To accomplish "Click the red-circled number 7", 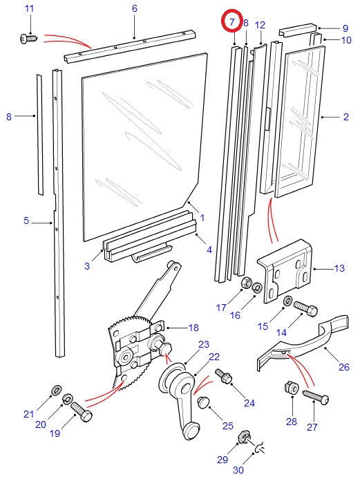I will click(x=232, y=23).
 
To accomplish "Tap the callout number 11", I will click(x=28, y=8).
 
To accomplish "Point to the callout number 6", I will click(x=134, y=8).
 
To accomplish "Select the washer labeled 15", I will click(x=287, y=301).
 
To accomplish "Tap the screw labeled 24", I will click(x=225, y=377).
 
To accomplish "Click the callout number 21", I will click(x=28, y=414).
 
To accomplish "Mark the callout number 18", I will click(x=193, y=327).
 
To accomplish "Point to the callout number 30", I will click(x=238, y=471).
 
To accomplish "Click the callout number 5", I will click(x=26, y=221).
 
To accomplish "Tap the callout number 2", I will click(x=345, y=118).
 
